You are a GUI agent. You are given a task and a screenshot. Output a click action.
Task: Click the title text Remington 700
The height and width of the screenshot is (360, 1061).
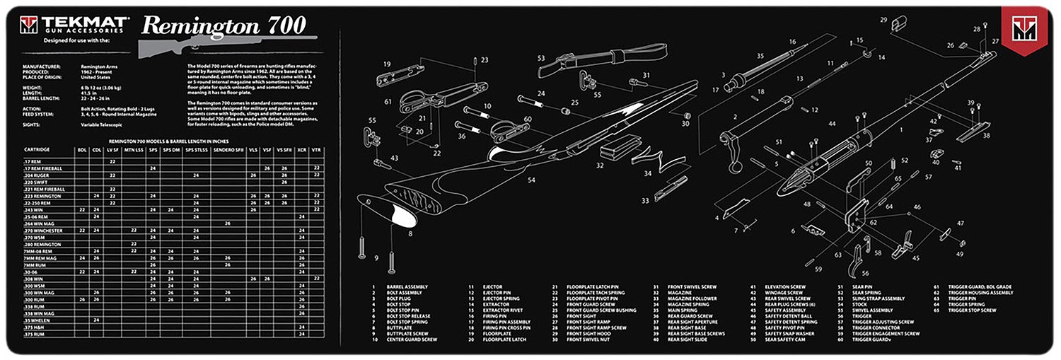[224, 25]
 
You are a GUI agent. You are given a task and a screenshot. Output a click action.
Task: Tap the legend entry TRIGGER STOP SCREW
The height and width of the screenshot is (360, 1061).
[971, 310]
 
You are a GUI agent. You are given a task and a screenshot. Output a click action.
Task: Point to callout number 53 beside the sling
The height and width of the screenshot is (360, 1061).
[541, 58]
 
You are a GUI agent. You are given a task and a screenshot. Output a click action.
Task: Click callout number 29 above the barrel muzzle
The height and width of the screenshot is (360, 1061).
[883, 20]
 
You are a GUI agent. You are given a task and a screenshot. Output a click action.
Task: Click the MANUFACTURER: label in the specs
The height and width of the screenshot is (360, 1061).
[42, 66]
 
